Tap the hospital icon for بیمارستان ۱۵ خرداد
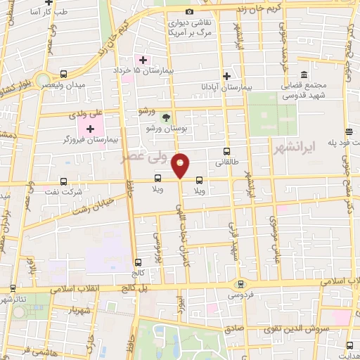coord(143,60)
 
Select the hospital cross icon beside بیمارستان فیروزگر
coord(90,129)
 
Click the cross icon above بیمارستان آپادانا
coord(226,75)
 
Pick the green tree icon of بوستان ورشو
coord(165,117)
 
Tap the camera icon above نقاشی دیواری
coord(188,12)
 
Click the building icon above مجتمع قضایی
coord(304,75)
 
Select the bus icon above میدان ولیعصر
coord(64,74)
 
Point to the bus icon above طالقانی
coord(226,151)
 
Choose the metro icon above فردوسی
coord(241,284)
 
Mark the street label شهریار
coord(79,309)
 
